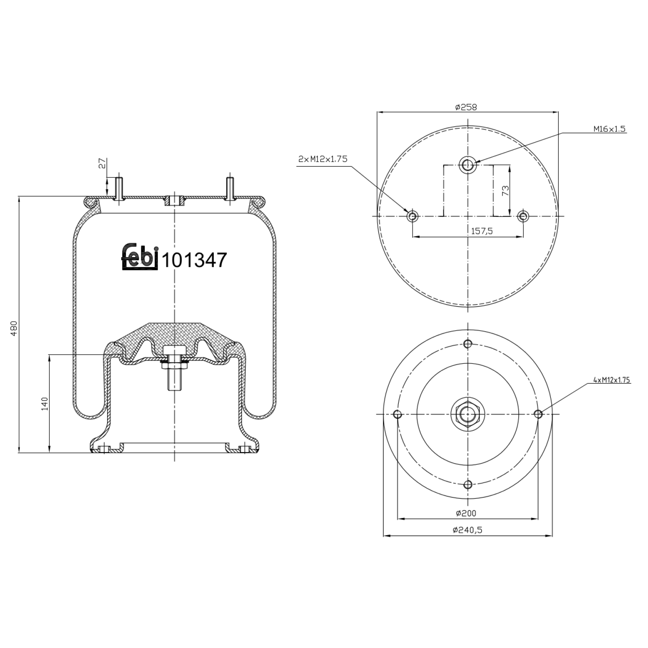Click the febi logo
(x=139, y=257)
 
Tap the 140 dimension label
(x=44, y=403)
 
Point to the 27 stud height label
(x=102, y=163)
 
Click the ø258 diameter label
(x=466, y=107)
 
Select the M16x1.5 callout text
(x=609, y=129)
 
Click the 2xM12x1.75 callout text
(x=322, y=159)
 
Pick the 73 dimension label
(x=505, y=191)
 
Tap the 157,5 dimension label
(x=482, y=231)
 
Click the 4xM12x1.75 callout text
(x=612, y=380)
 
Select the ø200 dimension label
(x=466, y=513)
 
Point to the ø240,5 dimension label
(x=467, y=530)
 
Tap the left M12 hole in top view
(x=413, y=216)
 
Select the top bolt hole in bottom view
(x=467, y=344)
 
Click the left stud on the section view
(x=119, y=187)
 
